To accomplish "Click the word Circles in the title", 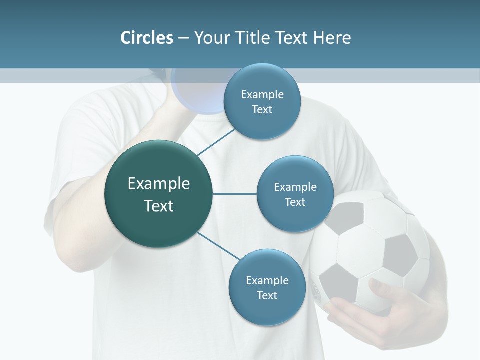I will pos(146,38).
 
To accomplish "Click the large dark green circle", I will pos(158,194).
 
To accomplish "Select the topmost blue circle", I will pos(262,102).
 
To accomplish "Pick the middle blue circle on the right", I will pos(295,194).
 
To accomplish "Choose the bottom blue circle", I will pos(267,288).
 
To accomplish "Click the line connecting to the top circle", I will pos(216,142).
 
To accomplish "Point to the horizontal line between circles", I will pos(234,194).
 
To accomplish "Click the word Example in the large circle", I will pos(158,184).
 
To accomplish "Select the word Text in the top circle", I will pos(262,110).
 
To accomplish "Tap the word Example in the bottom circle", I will pos(267,280).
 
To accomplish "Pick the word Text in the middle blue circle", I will pos(295,202).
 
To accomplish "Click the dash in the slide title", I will pos(183,38).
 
